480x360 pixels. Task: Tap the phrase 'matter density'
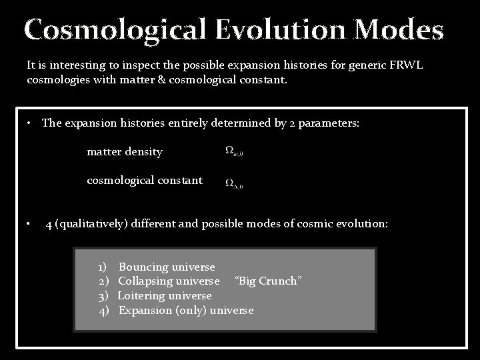pyautogui.click(x=125, y=152)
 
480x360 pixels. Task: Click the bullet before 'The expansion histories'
pyautogui.click(x=31, y=123)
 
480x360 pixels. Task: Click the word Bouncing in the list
pyautogui.click(x=143, y=267)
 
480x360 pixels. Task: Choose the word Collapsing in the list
pyautogui.click(x=145, y=281)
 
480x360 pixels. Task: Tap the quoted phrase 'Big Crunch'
pyautogui.click(x=269, y=281)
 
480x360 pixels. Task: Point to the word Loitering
pyautogui.click(x=142, y=295)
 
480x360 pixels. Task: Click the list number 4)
pyautogui.click(x=104, y=310)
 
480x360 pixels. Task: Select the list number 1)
pyautogui.click(x=105, y=267)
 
